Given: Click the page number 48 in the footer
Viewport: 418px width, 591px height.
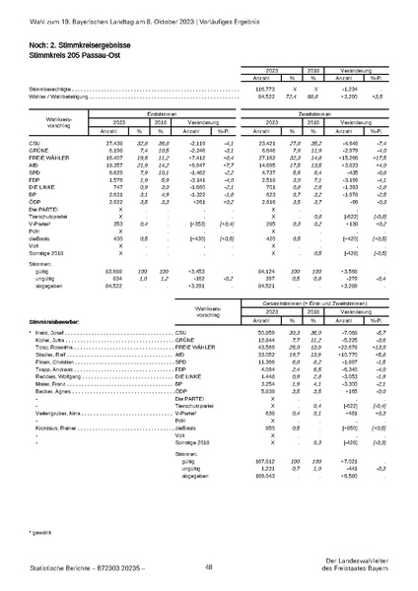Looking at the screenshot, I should coord(209,566).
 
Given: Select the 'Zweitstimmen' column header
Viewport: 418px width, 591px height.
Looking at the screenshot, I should coord(312,142).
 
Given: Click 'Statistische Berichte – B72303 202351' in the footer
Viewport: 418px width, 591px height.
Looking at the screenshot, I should coord(74,567).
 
